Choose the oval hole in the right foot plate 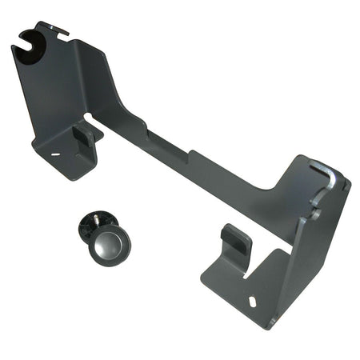(x=253, y=302)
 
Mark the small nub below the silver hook (x=317, y=214)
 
